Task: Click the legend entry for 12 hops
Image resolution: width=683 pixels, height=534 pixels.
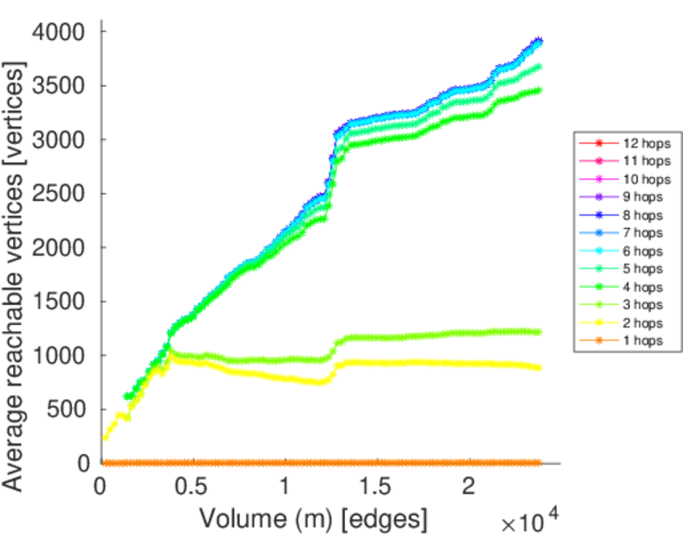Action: (x=646, y=142)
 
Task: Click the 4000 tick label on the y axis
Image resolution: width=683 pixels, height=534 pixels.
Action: (x=60, y=32)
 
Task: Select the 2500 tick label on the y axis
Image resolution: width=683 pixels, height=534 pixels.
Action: (x=60, y=194)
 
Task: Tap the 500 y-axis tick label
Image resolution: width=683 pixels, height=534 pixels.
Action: (x=68, y=409)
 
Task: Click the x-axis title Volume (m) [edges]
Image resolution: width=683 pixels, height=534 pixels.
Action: (x=313, y=517)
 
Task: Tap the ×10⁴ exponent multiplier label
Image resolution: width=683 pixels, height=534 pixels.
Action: (x=531, y=518)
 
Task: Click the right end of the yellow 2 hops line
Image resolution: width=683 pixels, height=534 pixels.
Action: (x=538, y=367)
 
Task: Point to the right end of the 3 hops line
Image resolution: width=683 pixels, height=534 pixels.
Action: (x=538, y=332)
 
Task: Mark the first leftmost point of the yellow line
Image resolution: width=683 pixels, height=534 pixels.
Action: (x=106, y=437)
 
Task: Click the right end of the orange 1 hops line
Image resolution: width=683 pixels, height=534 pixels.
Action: (x=538, y=463)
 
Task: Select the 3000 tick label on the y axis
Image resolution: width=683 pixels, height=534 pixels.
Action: (x=60, y=140)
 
